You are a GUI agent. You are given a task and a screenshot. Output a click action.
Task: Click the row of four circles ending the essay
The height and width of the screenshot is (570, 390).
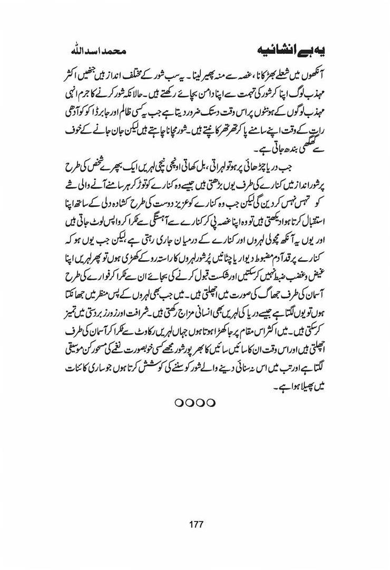click(195, 403)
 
